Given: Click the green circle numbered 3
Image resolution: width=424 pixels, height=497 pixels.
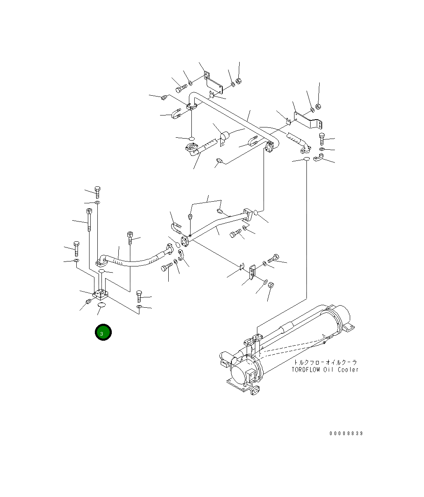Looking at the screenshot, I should [x=103, y=332].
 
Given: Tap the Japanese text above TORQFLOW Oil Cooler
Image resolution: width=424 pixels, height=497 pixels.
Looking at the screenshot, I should [x=325, y=362].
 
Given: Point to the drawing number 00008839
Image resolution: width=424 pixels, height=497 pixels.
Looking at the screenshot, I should [x=346, y=433].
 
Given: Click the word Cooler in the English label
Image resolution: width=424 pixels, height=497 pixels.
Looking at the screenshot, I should [x=348, y=370].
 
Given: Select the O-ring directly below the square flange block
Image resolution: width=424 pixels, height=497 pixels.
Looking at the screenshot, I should [x=101, y=305].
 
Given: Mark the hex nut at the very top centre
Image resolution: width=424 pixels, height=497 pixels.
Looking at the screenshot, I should [x=238, y=80].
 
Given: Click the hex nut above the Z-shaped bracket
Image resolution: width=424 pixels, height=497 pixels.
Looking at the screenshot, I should [x=318, y=108].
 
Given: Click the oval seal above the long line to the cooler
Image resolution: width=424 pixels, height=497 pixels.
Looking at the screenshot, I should [x=306, y=159].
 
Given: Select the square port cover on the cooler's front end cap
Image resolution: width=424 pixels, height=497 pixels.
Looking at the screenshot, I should [x=250, y=376].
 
